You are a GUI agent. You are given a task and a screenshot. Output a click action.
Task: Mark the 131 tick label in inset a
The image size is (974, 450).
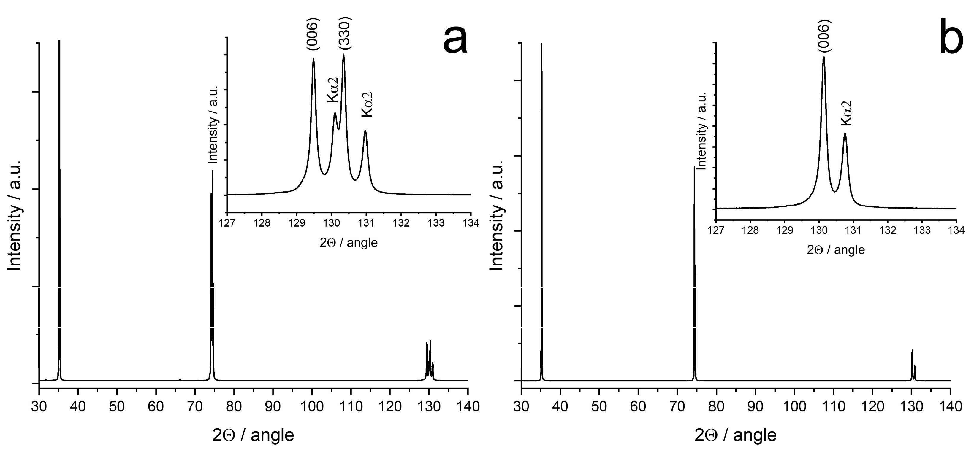click(366, 223)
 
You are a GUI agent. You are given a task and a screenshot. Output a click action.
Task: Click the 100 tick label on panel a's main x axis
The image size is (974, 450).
click(312, 407)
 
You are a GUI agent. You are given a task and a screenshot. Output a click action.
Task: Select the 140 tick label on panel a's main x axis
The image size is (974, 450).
click(468, 407)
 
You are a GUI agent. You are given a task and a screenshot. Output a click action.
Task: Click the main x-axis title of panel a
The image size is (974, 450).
click(253, 435)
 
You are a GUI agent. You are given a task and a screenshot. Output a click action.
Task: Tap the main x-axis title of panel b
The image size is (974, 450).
click(735, 435)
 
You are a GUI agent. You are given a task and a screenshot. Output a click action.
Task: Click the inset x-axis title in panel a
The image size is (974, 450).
click(349, 242)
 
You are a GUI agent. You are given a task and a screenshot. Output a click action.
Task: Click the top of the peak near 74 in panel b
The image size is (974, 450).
click(694, 167)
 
